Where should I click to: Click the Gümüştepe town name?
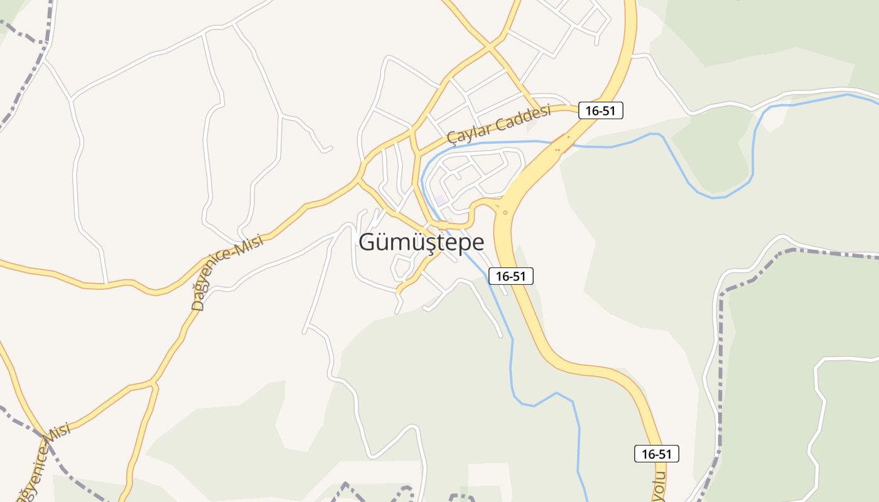[x=421, y=243]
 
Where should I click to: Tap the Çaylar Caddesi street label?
[x=499, y=124]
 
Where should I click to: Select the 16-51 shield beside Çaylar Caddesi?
[x=600, y=111]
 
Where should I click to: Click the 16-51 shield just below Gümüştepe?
[x=511, y=276]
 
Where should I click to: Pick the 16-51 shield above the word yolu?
[x=656, y=454]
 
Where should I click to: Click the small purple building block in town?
[x=441, y=200]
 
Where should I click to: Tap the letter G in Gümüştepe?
[x=368, y=243]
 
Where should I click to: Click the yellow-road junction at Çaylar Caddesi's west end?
[x=413, y=131]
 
